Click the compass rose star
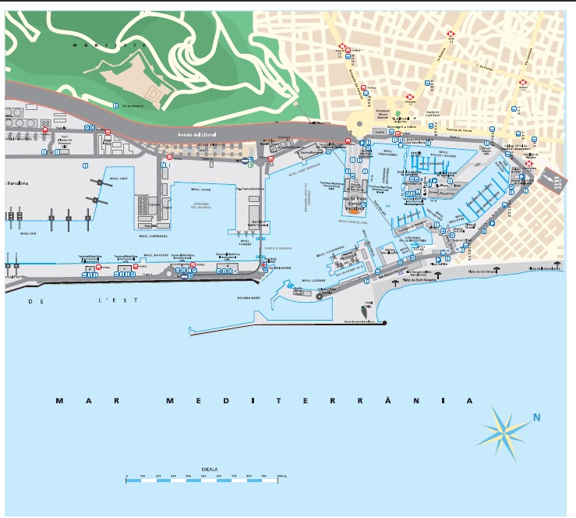(x=503, y=431)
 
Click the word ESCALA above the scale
(x=209, y=470)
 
